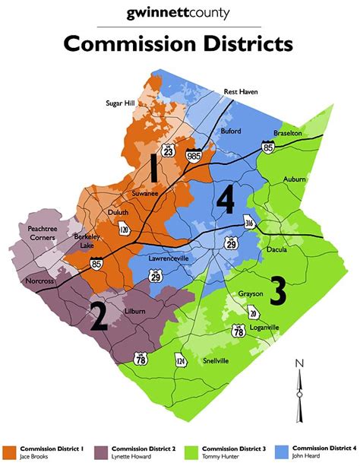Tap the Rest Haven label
[240, 91]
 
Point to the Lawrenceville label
[168, 258]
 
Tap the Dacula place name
[278, 249]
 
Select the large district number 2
[98, 317]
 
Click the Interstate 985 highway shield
[197, 154]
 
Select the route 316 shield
[249, 223]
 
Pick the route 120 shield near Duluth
[124, 228]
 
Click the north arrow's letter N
[300, 363]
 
